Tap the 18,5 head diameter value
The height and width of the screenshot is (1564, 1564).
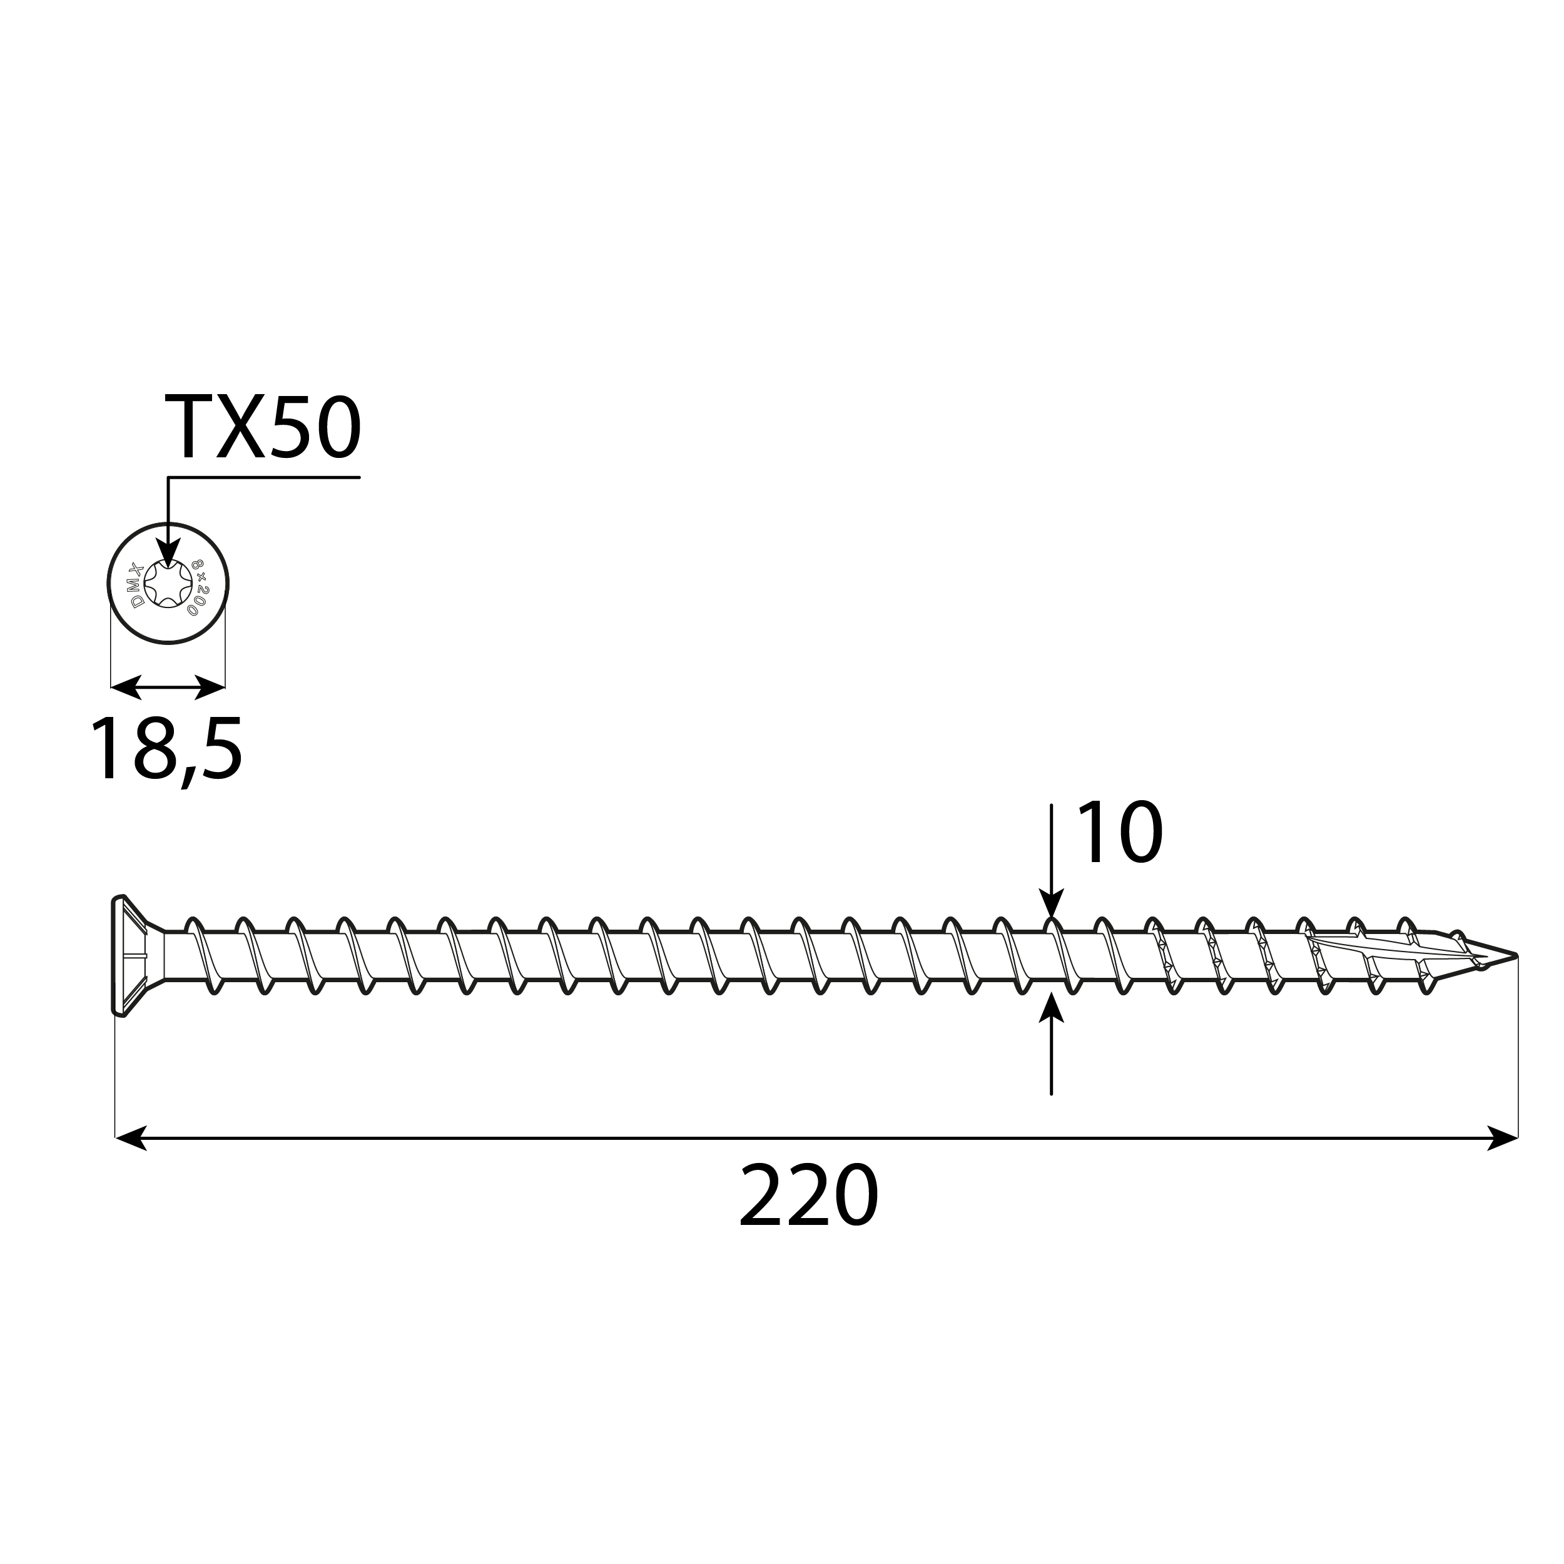(166, 749)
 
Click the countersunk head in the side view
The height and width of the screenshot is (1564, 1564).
(129, 955)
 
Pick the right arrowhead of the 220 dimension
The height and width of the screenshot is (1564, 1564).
(1503, 1138)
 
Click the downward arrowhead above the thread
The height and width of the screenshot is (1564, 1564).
(1051, 904)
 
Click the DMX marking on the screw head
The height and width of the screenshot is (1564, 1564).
(138, 584)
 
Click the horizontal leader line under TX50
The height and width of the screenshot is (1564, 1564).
(264, 477)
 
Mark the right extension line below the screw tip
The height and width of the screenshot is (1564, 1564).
(1518, 1052)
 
